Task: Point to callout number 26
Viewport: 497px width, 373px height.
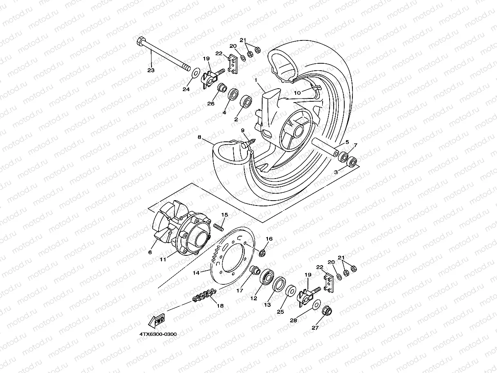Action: click(x=211, y=104)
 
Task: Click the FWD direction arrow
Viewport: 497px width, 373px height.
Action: click(x=156, y=322)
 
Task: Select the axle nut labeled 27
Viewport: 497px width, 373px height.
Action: click(x=327, y=311)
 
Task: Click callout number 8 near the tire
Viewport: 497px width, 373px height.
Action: click(x=199, y=138)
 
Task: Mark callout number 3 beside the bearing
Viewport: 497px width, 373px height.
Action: click(x=336, y=172)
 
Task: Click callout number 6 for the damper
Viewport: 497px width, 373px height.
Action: click(x=150, y=252)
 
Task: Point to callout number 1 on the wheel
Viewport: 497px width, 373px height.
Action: click(x=256, y=80)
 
